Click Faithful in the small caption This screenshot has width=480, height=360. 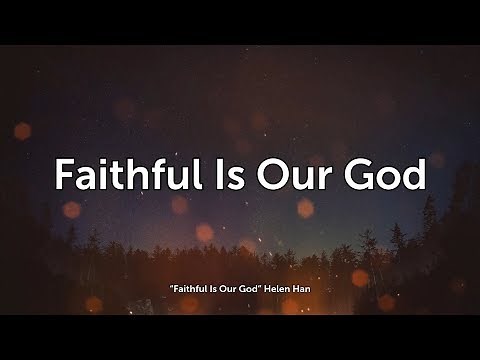pyautogui.click(x=185, y=290)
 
